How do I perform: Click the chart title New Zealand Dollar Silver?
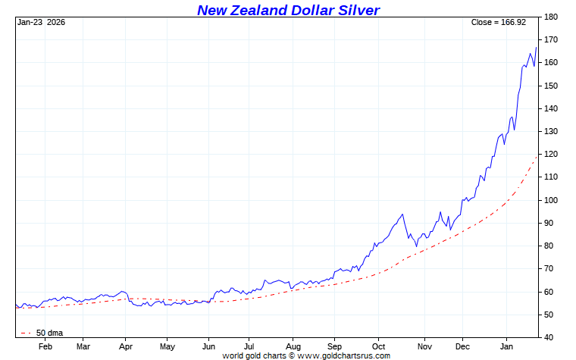[x=288, y=10]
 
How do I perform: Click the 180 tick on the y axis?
[x=552, y=17]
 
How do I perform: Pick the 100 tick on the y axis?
[x=552, y=200]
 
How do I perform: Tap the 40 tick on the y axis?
[x=550, y=337]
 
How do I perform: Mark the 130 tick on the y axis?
[x=552, y=131]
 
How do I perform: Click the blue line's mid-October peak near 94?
[x=402, y=214]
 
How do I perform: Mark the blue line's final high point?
[x=537, y=47]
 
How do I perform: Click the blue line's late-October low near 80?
[x=416, y=246]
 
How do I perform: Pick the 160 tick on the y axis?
[x=552, y=63]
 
